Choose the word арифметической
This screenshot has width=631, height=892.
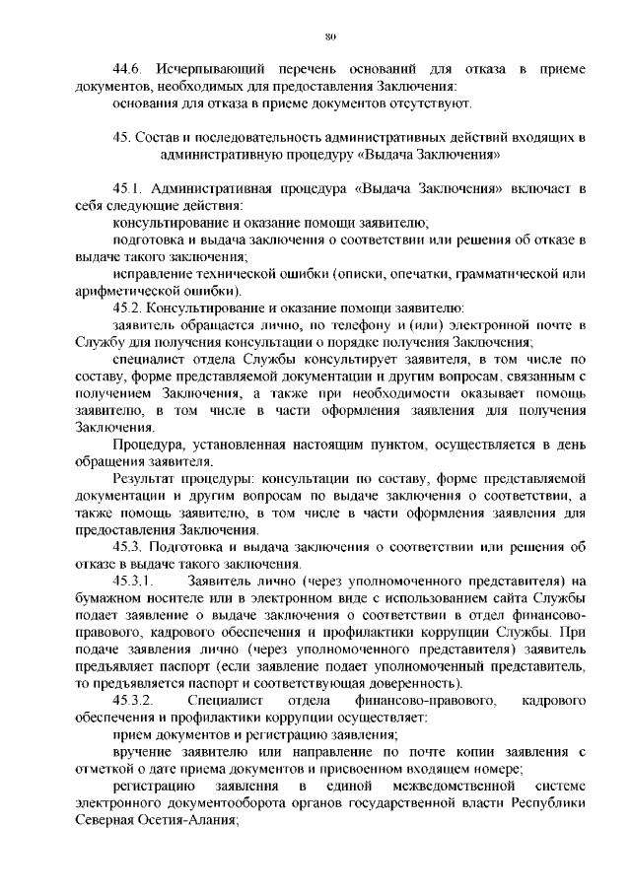tap(128, 291)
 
